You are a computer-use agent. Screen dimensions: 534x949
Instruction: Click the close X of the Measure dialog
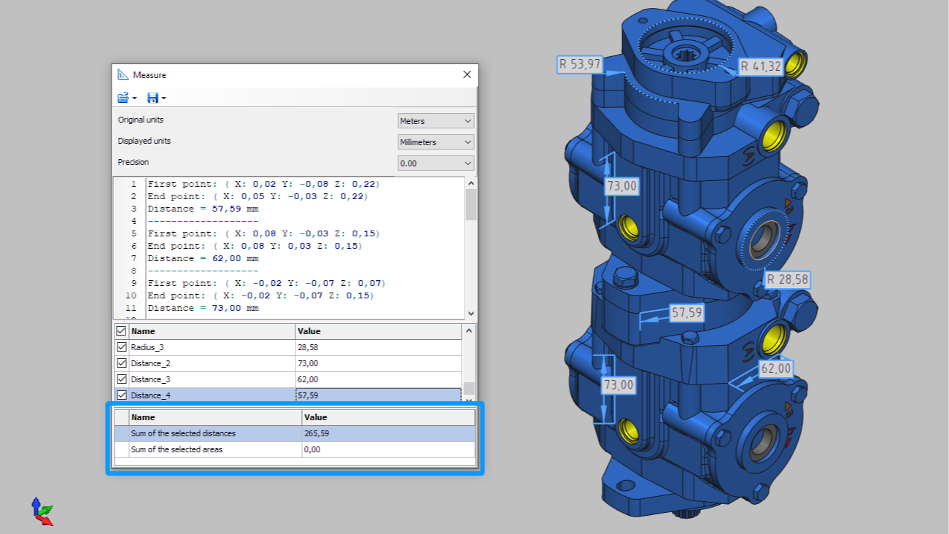[x=467, y=74]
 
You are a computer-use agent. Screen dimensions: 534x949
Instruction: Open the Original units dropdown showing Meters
[x=435, y=121]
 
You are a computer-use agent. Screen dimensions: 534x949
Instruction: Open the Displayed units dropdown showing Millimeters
[x=435, y=142]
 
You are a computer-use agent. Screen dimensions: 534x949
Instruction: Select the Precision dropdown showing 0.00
[x=435, y=163]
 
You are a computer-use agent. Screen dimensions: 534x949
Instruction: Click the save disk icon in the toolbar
[x=152, y=98]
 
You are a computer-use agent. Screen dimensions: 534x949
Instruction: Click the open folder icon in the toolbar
[x=123, y=98]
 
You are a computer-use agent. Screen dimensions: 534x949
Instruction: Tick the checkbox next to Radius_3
[x=122, y=347]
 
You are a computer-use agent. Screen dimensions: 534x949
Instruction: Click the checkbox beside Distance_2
[x=122, y=363]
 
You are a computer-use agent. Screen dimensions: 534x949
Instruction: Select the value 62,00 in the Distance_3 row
[x=308, y=379]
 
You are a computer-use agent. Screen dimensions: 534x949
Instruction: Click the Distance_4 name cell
[x=151, y=395]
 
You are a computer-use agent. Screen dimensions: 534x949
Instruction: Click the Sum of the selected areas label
[x=177, y=449]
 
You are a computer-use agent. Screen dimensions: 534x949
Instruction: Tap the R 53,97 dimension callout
[x=580, y=64]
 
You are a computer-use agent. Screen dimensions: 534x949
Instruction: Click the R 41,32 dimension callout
[x=761, y=67]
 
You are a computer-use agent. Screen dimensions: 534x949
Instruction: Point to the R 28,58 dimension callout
[x=787, y=280]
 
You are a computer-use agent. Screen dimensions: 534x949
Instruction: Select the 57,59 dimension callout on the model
[x=686, y=313]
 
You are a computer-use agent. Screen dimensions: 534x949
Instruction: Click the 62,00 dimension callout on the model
[x=776, y=369]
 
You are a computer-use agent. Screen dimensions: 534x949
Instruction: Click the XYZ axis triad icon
[x=42, y=511]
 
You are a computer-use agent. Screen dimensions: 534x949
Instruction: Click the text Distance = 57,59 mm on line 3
[x=203, y=209]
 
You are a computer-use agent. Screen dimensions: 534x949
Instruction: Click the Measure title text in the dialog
[x=150, y=75]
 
